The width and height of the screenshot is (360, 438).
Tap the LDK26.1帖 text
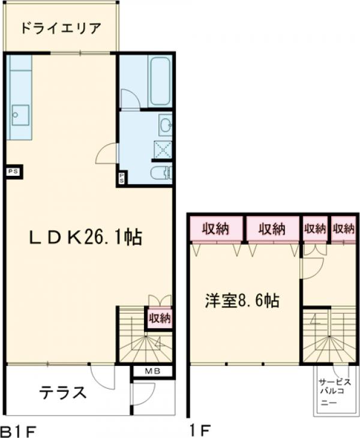click(86, 238)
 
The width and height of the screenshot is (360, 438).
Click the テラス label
click(63, 394)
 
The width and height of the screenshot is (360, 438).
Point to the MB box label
click(152, 371)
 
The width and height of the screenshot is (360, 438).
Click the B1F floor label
click(20, 430)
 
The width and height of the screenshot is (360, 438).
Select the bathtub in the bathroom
click(160, 80)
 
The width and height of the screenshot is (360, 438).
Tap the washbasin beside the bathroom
click(165, 125)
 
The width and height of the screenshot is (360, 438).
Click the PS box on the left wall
click(13, 172)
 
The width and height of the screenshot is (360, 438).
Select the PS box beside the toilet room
click(122, 178)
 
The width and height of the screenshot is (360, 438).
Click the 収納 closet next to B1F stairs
click(159, 318)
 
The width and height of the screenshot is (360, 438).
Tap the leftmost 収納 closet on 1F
click(216, 229)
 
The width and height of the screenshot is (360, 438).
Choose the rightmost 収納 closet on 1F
click(344, 229)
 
